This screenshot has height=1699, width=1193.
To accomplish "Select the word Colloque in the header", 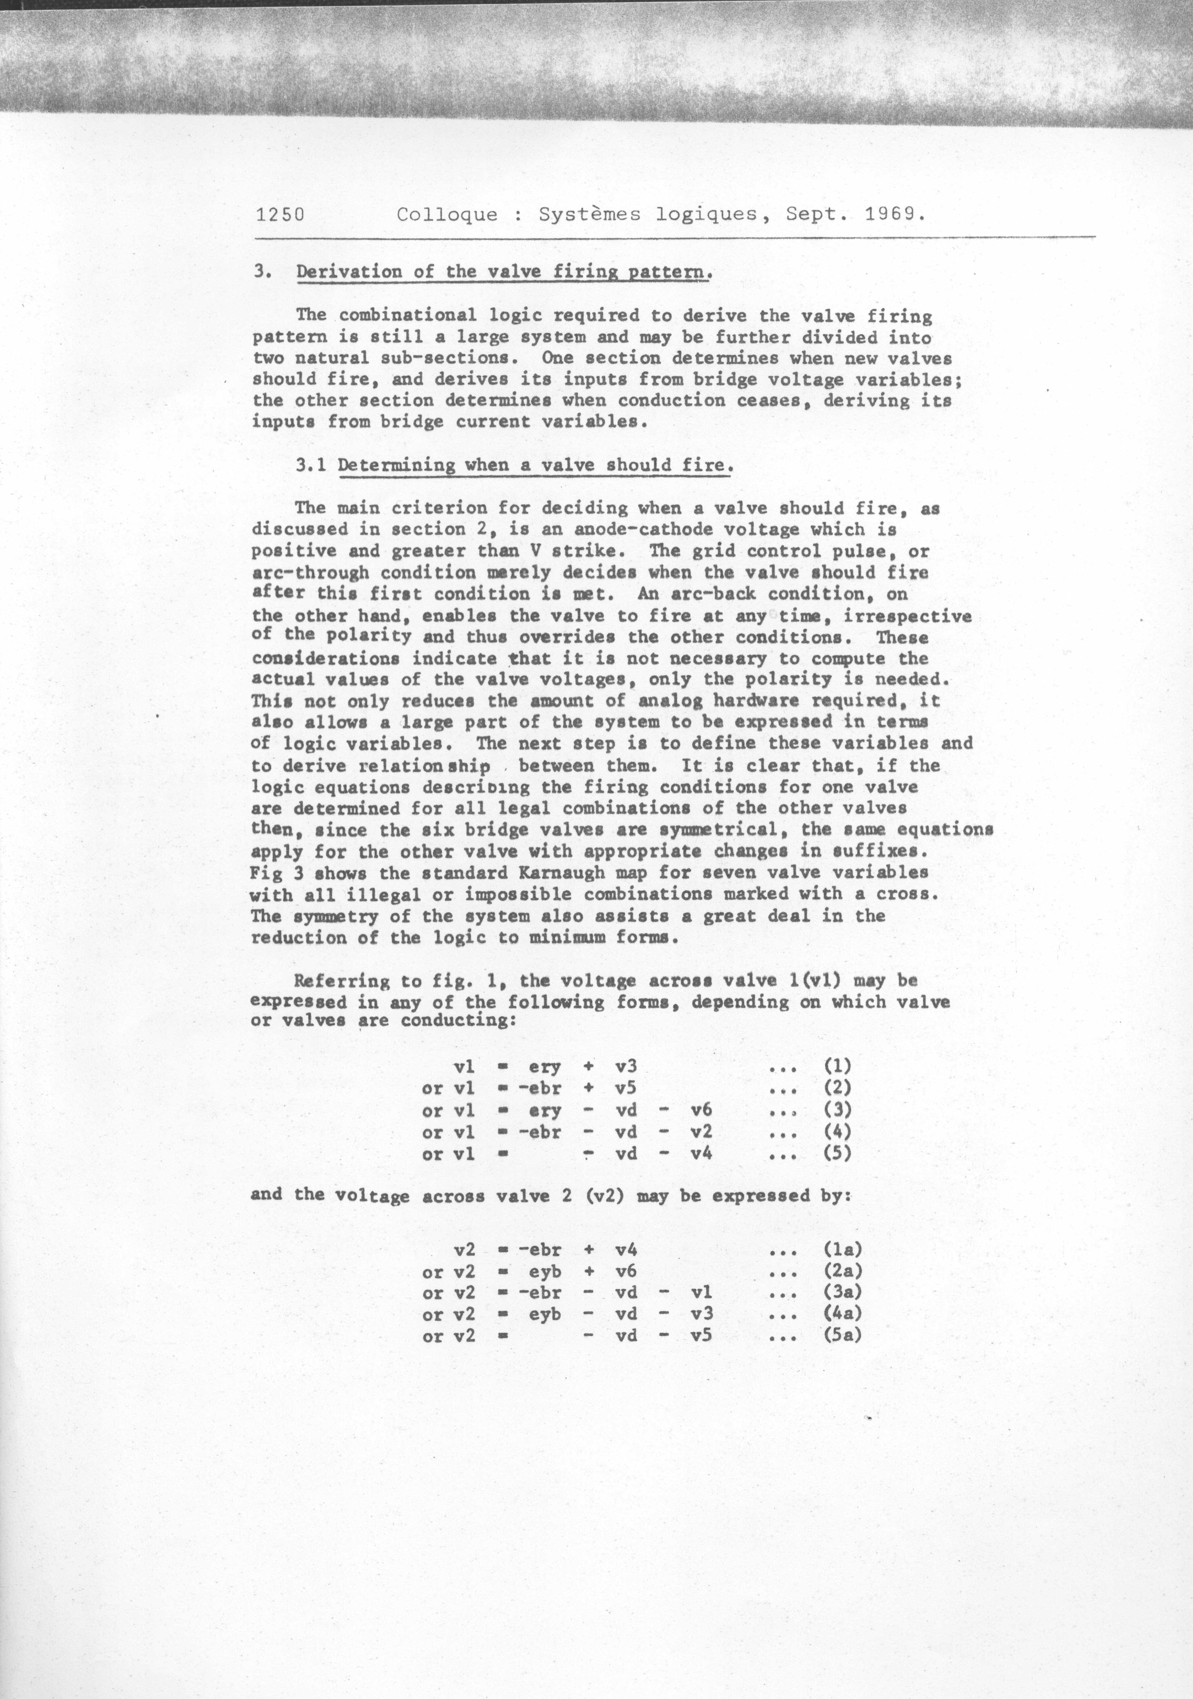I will (x=447, y=215).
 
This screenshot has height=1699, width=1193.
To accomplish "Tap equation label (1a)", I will (x=842, y=1250).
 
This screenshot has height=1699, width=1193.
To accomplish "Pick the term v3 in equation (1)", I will (x=626, y=1066).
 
